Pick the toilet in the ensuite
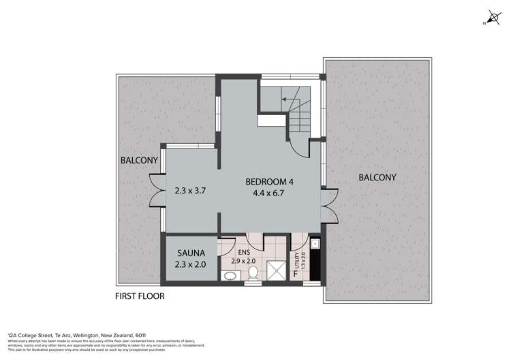[253, 273]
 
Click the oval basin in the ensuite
[229, 276]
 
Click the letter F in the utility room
[294, 274]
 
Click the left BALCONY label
[139, 161]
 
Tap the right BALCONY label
[377, 177]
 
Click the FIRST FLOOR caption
[140, 296]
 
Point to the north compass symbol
[493, 19]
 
